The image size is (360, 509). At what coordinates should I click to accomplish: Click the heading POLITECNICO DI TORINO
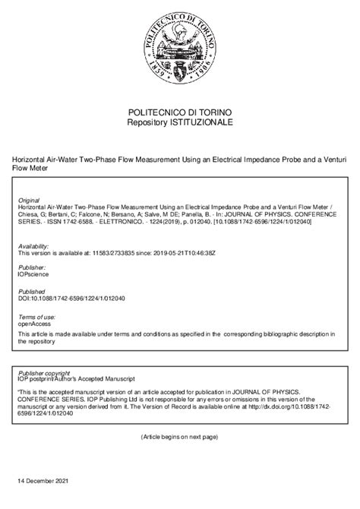[x=180, y=112]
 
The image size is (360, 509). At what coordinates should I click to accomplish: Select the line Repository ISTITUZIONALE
[x=180, y=122]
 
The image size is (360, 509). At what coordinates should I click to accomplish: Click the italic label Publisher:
[x=31, y=267]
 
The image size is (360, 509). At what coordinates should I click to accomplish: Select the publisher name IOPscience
[x=33, y=274]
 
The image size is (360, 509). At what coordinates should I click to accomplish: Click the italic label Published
[x=31, y=291]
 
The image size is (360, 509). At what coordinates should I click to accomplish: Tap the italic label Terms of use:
[x=35, y=315]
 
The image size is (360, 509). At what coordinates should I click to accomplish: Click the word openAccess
[x=35, y=322]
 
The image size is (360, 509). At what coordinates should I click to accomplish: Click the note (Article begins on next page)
[x=179, y=437]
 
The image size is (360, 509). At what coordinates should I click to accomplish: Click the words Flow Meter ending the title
[x=28, y=169]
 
